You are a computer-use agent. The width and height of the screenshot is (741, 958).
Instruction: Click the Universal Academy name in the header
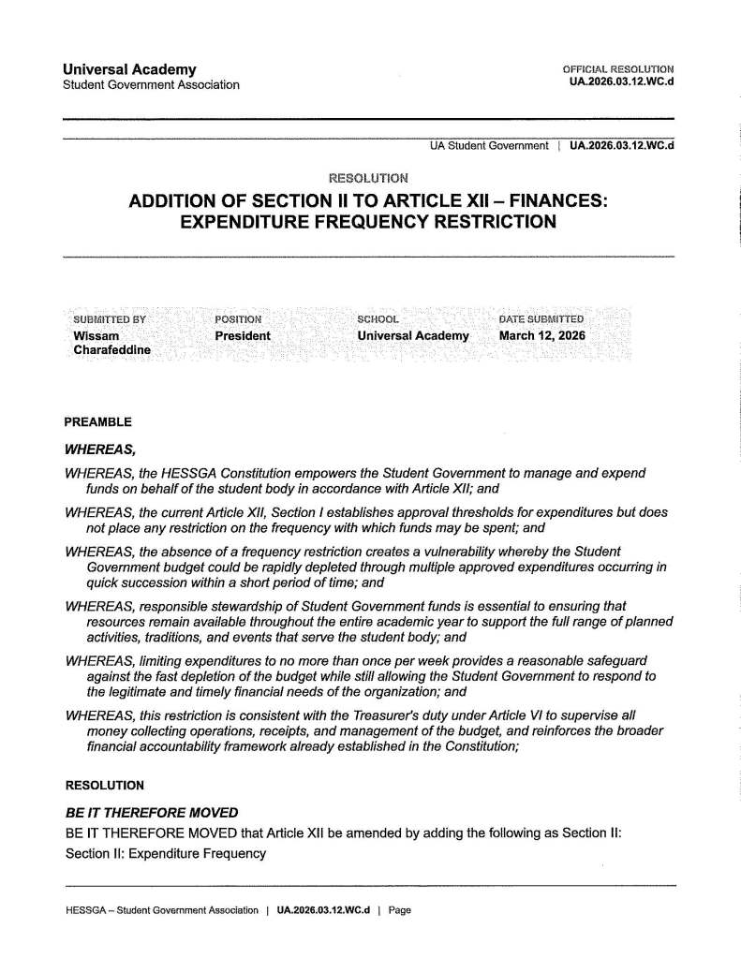(x=129, y=69)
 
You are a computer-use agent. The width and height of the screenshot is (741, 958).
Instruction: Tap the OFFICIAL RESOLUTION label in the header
(x=618, y=69)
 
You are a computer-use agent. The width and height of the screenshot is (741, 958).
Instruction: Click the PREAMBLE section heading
(x=97, y=421)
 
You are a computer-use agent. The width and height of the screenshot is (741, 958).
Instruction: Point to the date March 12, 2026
(x=541, y=335)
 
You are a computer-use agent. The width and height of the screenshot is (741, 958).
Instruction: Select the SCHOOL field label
(x=378, y=320)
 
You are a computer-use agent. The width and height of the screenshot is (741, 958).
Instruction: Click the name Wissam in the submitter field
(x=96, y=335)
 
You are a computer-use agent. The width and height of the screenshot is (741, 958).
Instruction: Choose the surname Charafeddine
(x=112, y=349)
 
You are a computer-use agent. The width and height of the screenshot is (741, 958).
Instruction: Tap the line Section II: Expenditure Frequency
(x=166, y=854)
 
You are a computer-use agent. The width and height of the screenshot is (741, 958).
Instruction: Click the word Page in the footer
(x=400, y=909)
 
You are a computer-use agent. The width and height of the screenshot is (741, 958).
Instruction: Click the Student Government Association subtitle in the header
(x=150, y=85)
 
